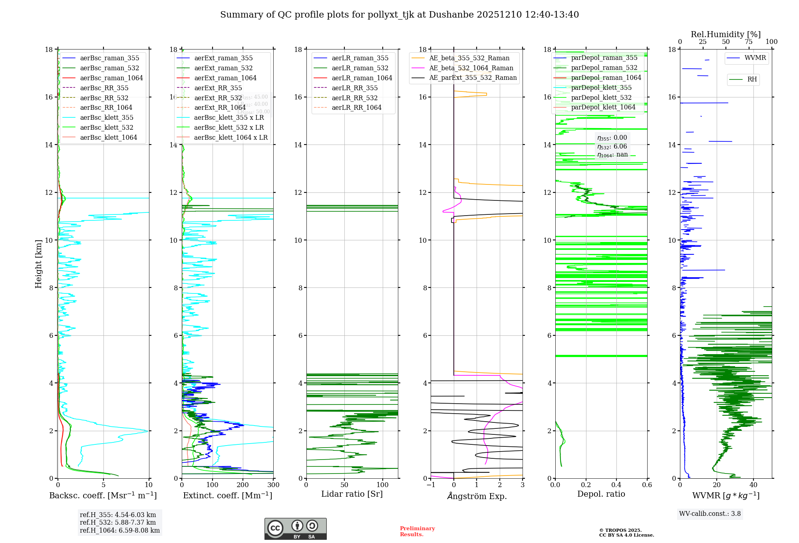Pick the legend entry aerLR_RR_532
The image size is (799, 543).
pyautogui.click(x=354, y=98)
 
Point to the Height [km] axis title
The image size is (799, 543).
pyautogui.click(x=38, y=264)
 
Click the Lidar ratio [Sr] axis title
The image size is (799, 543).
pyautogui.click(x=352, y=494)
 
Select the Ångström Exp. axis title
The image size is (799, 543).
pyautogui.click(x=477, y=496)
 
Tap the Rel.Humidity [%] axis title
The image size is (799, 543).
pyautogui.click(x=725, y=34)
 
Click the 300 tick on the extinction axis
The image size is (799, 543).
pyautogui.click(x=273, y=485)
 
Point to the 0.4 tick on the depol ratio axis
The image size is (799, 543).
pyautogui.click(x=616, y=485)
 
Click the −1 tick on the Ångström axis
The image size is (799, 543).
pyautogui.click(x=431, y=485)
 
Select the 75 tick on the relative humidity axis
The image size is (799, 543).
pyautogui.click(x=748, y=42)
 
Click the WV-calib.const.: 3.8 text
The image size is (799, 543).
pyautogui.click(x=710, y=514)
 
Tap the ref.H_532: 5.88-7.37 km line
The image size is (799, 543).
pyautogui.click(x=118, y=523)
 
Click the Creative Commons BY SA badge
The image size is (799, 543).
pyautogui.click(x=295, y=529)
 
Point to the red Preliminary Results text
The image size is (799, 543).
pyautogui.click(x=417, y=531)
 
